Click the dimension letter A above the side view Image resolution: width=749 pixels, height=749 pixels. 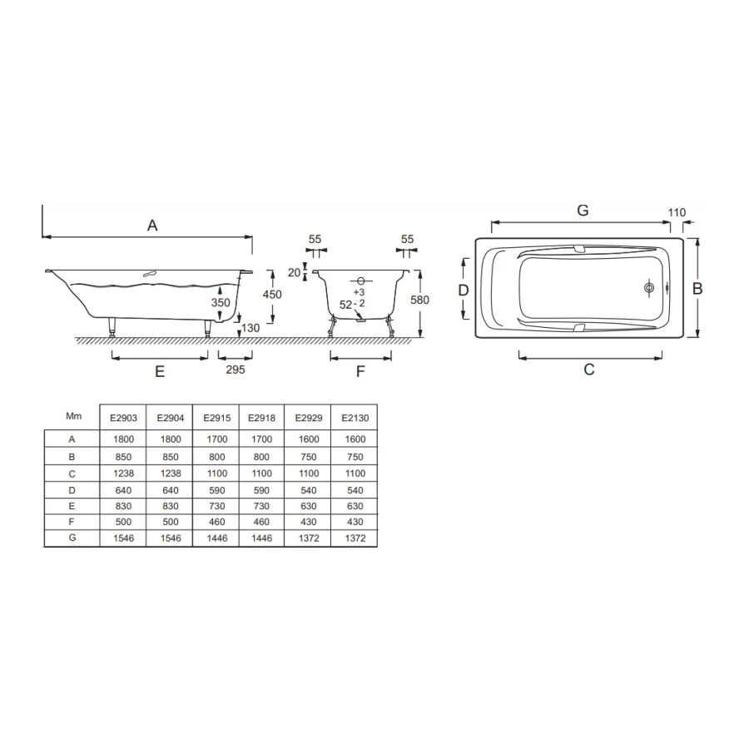152,225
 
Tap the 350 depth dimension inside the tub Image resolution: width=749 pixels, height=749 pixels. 221,302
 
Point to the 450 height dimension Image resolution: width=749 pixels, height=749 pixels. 272,295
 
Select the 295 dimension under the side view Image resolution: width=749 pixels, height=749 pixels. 236,370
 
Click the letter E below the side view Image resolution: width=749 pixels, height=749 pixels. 160,371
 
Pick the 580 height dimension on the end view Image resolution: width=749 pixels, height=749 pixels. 420,300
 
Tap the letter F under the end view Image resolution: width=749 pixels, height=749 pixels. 360,371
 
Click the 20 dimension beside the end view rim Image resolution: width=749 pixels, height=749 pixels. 295,272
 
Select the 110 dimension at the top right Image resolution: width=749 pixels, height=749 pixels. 677,212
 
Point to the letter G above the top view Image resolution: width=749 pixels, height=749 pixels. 583,211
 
